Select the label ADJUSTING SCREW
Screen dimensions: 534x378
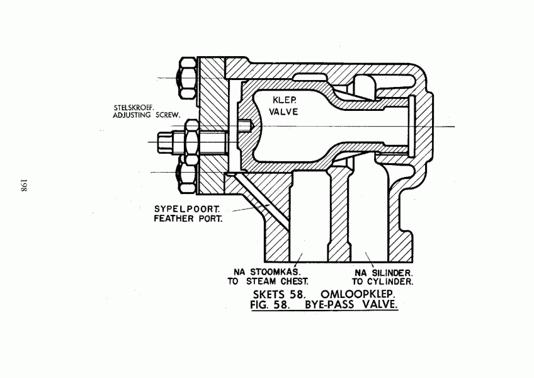tap(147, 115)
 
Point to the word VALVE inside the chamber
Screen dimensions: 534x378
tap(283, 112)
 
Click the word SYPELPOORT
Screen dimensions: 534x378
tap(187, 209)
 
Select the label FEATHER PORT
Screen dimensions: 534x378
tap(188, 219)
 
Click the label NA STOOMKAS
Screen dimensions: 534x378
tap(268, 272)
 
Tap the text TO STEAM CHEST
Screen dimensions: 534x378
tap(268, 282)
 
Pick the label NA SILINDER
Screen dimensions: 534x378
tap(384, 273)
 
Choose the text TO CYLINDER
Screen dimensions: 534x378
tap(382, 282)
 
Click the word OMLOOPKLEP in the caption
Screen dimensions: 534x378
tap(357, 294)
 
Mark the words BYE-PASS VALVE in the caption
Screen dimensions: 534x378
tap(351, 304)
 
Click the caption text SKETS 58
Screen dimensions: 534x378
tap(278, 294)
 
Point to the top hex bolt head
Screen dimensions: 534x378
tap(187, 78)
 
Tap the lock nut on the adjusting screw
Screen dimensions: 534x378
tap(191, 142)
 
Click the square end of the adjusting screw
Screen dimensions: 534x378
tap(165, 142)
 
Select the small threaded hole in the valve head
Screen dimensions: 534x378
tap(244, 126)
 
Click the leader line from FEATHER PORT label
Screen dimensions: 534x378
tap(251, 209)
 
